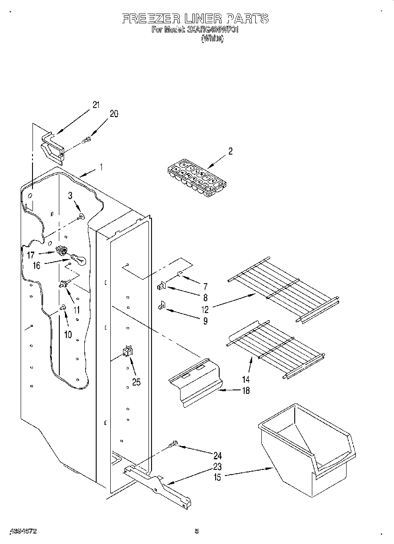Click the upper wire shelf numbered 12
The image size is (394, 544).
(283, 290)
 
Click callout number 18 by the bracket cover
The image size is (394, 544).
(246, 391)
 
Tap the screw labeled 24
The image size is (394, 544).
(174, 445)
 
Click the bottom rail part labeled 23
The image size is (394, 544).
(158, 483)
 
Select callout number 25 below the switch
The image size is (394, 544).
(136, 382)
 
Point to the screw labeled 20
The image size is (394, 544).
(87, 140)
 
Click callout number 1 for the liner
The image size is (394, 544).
(101, 167)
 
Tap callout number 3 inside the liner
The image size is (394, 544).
(70, 196)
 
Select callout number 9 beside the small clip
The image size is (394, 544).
(205, 321)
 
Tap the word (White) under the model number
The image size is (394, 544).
(212, 39)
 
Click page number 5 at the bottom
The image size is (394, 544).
(197, 531)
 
